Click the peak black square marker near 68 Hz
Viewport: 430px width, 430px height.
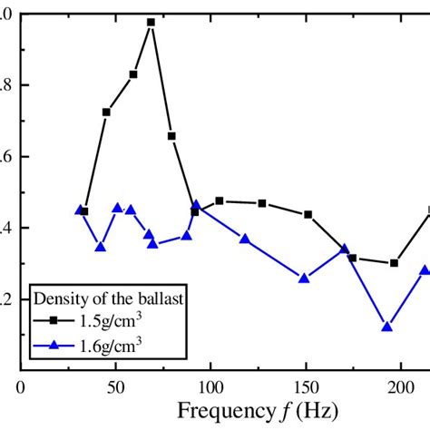(x=151, y=22)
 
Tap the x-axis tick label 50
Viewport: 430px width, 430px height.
(x=114, y=386)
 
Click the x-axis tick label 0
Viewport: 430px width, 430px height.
(x=20, y=386)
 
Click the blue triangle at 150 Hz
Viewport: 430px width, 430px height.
(x=304, y=279)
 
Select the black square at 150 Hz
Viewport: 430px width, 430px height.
(x=308, y=215)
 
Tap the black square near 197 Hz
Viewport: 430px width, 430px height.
(x=394, y=263)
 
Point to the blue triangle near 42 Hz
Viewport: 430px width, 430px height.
(x=100, y=247)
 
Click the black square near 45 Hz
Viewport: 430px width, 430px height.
(x=106, y=112)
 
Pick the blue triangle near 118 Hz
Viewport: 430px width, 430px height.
(x=245, y=239)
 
